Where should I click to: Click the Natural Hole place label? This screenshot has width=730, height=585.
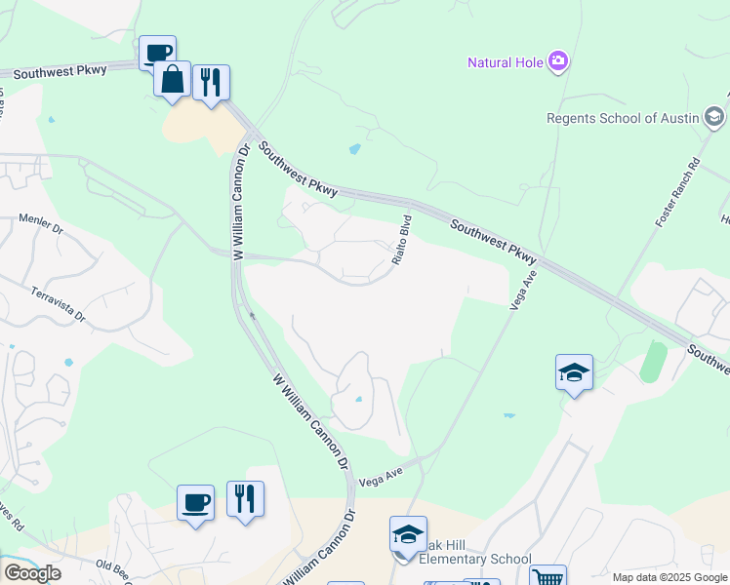(x=506, y=62)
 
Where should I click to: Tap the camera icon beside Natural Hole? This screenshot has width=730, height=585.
(x=558, y=62)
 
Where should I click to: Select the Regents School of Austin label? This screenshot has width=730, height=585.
(x=622, y=119)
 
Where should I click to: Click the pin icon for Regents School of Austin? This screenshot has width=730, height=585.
(x=715, y=118)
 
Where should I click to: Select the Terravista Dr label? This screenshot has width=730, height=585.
(x=60, y=304)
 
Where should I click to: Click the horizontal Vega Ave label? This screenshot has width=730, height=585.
(x=381, y=478)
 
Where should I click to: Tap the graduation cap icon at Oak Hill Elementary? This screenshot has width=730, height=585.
(x=408, y=534)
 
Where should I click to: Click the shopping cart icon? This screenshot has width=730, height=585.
(x=547, y=577)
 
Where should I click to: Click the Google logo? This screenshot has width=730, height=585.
(x=32, y=573)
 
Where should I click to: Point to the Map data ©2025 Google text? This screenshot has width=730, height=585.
(x=669, y=577)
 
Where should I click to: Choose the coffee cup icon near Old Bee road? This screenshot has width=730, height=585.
(x=195, y=503)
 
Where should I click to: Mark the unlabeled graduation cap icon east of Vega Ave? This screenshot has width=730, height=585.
(x=574, y=371)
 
